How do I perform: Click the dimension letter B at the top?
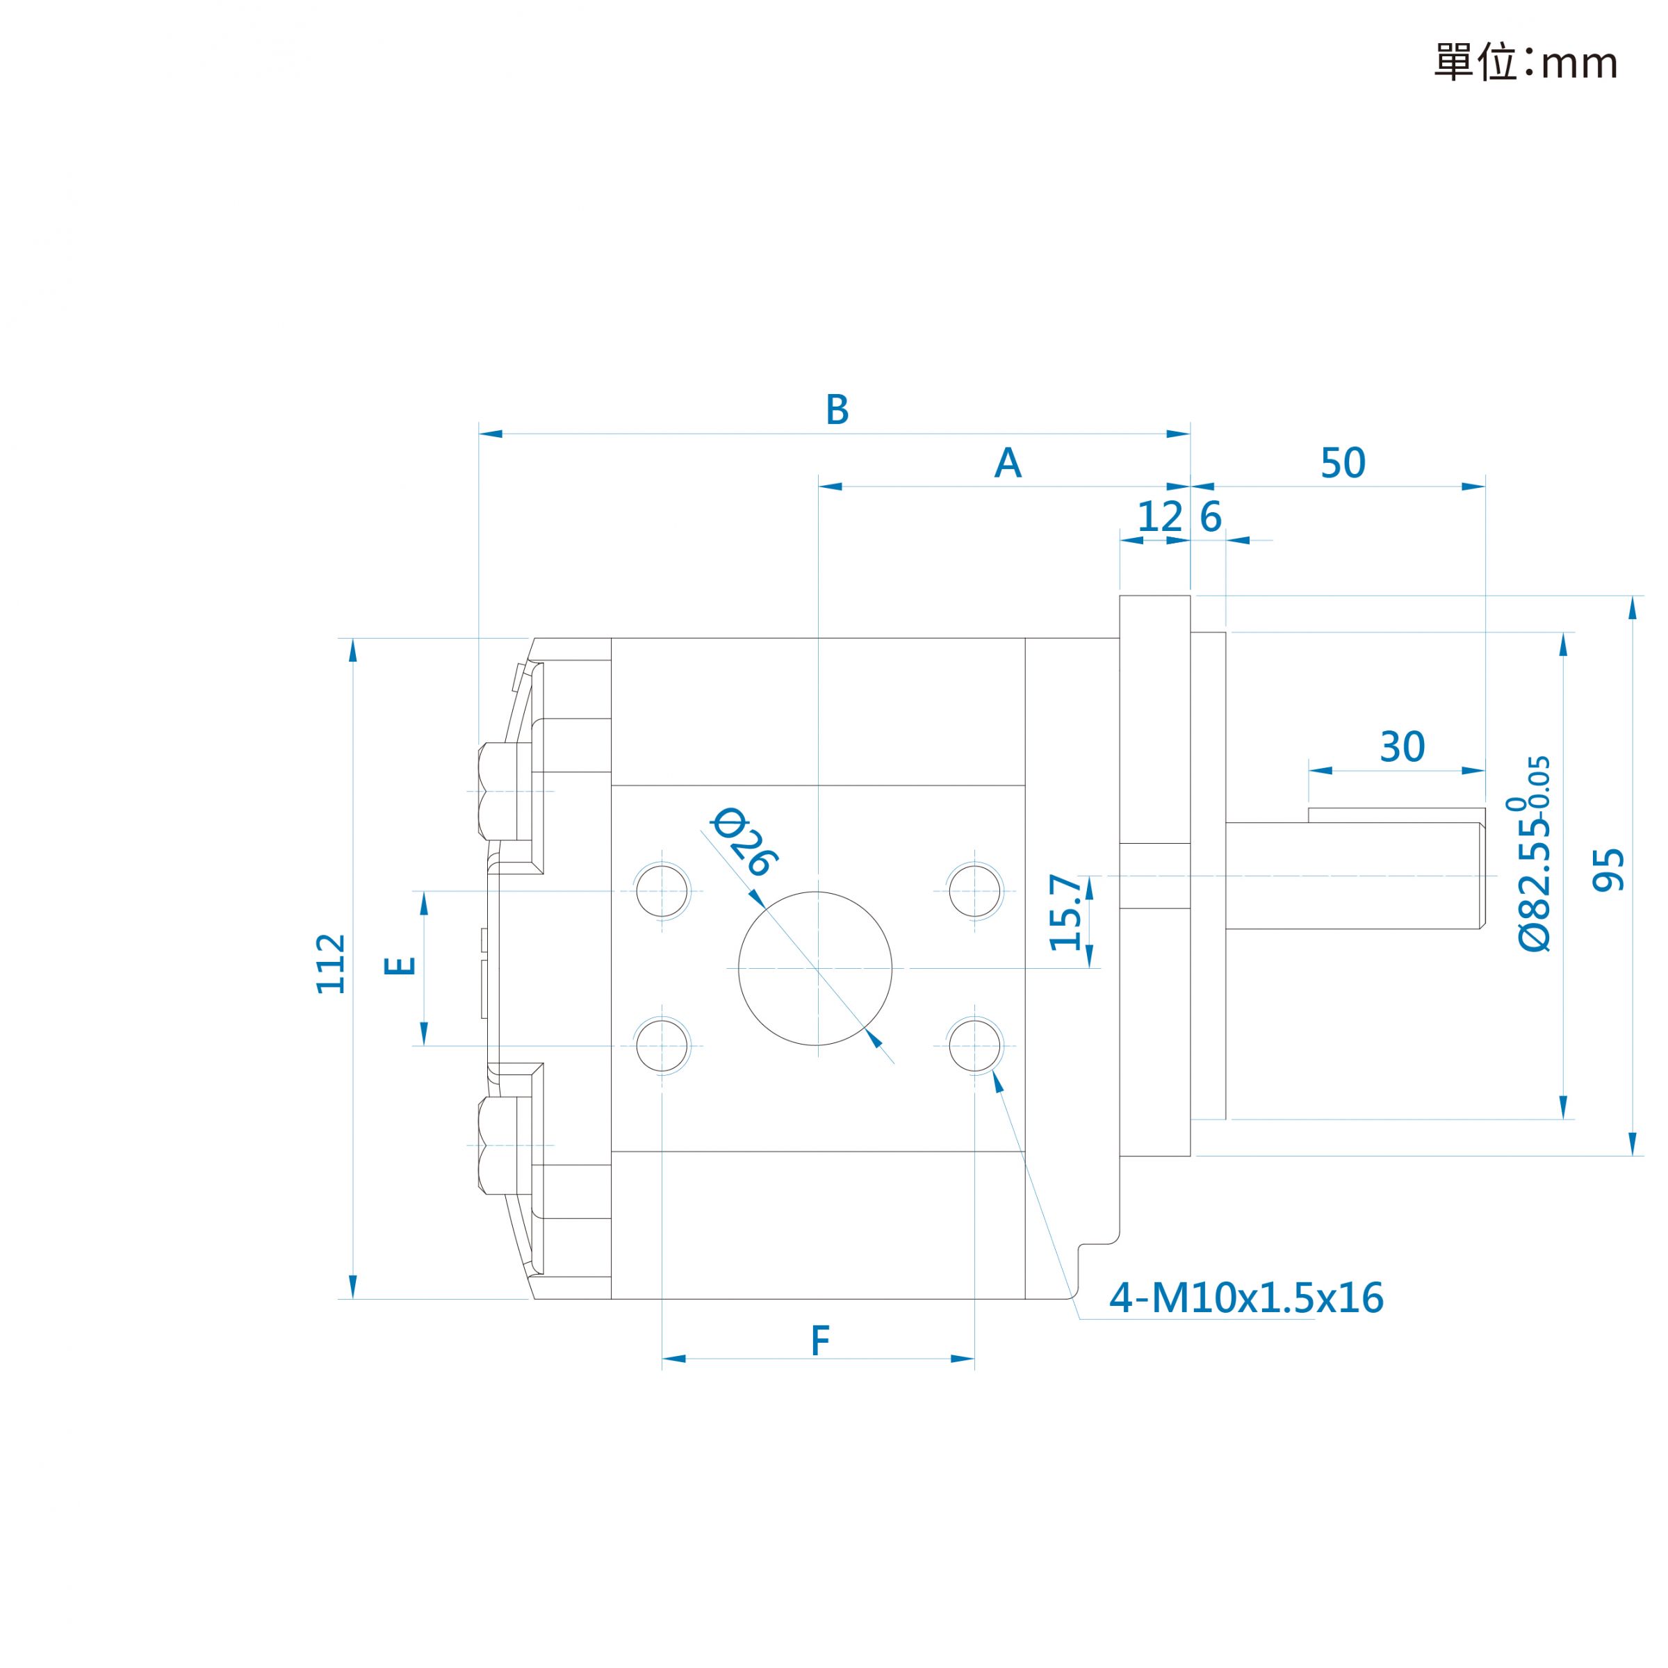837,410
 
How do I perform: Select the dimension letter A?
1008,464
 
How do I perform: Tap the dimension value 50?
1343,464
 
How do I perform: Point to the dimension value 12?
1159,517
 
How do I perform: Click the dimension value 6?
1211,517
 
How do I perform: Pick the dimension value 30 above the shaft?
1402,747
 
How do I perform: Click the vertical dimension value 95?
1608,869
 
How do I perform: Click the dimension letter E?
400,965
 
